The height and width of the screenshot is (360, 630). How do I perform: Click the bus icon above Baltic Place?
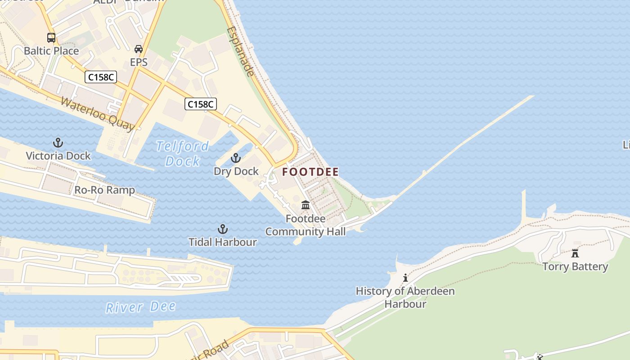[x=51, y=38]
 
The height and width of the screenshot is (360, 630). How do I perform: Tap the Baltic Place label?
[x=51, y=51]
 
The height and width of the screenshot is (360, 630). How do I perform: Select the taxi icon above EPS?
[x=139, y=49]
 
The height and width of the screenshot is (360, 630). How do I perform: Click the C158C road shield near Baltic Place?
[x=101, y=77]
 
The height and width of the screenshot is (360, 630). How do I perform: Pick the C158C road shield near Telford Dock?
[x=201, y=104]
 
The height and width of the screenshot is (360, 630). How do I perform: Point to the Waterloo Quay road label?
[x=97, y=114]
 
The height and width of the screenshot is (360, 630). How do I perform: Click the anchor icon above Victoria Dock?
[x=58, y=143]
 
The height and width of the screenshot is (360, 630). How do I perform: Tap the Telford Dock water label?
[x=182, y=153]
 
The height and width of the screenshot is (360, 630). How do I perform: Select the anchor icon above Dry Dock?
[x=236, y=158]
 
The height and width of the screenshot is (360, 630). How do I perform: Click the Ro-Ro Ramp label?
[x=104, y=190]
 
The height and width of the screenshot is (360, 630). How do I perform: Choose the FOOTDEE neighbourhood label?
[x=310, y=172]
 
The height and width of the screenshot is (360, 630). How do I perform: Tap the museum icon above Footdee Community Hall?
[x=306, y=205]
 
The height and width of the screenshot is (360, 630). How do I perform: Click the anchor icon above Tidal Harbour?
[x=222, y=229]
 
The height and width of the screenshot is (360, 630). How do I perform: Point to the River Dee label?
[x=140, y=307]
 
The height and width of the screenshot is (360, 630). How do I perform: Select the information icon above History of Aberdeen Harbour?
[x=405, y=278]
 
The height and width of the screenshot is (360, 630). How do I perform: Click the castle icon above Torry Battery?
[x=575, y=253]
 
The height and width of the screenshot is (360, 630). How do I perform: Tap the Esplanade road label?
[x=240, y=51]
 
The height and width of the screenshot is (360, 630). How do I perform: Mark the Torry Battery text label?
[x=575, y=266]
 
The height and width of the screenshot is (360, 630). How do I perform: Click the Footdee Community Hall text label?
[x=306, y=225]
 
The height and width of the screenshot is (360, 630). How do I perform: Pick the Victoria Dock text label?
[x=58, y=156]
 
